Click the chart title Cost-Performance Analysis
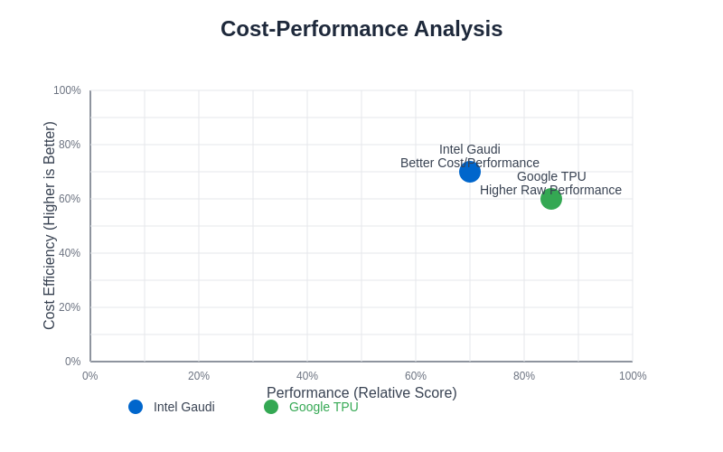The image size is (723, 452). coord(361,29)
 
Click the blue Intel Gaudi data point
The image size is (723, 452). coord(470,172)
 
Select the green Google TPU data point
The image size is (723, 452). coord(551,199)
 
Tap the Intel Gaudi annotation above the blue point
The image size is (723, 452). coord(470,149)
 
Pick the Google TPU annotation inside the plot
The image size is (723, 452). coord(551,176)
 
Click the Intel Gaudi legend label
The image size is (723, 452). coord(184,407)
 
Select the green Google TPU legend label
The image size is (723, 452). coord(324,407)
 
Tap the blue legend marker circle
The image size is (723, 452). coord(136,407)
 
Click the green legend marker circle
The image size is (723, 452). coord(271,407)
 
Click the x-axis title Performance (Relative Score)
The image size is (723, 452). coord(361,392)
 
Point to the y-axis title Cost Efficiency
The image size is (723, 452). coord(50,226)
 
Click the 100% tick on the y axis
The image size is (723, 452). coord(68,90)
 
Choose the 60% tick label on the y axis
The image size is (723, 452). coord(70,199)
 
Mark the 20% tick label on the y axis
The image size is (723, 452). coord(70,307)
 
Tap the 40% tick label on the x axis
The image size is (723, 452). coord(307,376)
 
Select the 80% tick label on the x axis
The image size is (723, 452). coord(524,376)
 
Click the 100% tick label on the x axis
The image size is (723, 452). coord(633,376)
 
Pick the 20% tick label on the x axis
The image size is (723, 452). coord(199,376)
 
